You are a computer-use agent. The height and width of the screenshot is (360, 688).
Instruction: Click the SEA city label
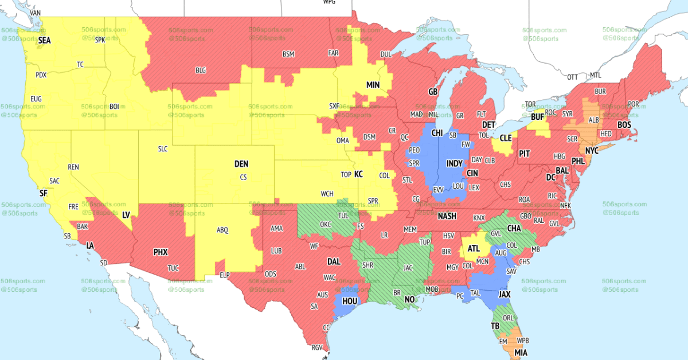pyautogui.click(x=44, y=41)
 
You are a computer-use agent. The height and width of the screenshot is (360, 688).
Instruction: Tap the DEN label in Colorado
pyautogui.click(x=241, y=164)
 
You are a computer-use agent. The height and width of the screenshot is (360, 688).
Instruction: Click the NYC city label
pyautogui.click(x=592, y=150)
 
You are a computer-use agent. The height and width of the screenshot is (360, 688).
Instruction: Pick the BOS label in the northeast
pyautogui.click(x=624, y=124)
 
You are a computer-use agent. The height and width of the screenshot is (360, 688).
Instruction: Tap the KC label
pyautogui.click(x=358, y=174)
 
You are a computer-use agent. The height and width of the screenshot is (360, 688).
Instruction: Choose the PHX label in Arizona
pyautogui.click(x=161, y=252)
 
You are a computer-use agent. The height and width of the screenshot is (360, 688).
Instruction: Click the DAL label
pyautogui.click(x=334, y=261)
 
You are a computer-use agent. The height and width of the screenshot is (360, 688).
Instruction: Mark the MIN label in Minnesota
pyautogui.click(x=373, y=85)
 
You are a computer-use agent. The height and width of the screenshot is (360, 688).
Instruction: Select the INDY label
pyautogui.click(x=455, y=163)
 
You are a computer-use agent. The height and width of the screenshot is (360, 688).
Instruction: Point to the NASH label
pyautogui.click(x=447, y=216)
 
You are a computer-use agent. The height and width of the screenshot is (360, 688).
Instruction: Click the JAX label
pyautogui.click(x=505, y=294)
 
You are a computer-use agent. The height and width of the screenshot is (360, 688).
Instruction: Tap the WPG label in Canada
pyautogui.click(x=329, y=2)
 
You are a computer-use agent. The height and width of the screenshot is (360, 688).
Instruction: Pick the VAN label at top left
pyautogui.click(x=36, y=12)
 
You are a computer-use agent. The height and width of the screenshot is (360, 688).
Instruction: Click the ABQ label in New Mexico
pyautogui.click(x=222, y=230)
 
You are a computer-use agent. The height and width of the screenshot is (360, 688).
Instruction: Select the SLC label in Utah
pyautogui.click(x=163, y=149)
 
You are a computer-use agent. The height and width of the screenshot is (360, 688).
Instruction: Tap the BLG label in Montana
pyautogui.click(x=201, y=71)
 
